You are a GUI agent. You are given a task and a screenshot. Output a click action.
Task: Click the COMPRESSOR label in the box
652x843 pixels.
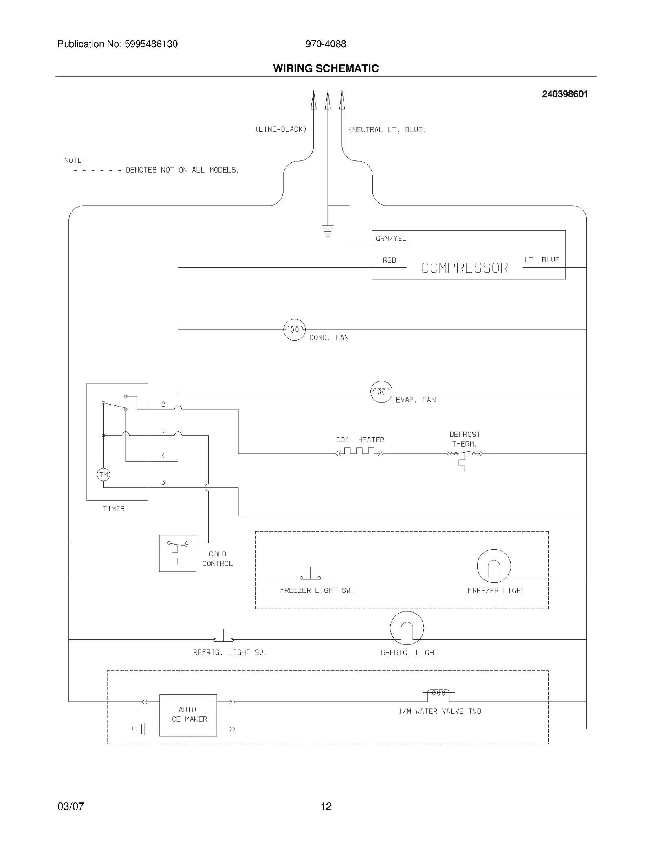464,268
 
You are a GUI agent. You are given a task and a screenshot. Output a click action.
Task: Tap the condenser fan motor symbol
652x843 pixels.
294,330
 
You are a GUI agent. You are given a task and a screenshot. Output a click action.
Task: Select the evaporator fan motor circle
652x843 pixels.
381,392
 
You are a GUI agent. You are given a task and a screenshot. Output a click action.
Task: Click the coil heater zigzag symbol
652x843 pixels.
359,451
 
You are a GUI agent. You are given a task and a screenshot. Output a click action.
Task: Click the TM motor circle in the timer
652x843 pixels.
104,475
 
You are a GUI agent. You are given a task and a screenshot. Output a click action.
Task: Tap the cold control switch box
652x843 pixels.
178,553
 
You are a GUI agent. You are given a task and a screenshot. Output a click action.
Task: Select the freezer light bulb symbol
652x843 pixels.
493,566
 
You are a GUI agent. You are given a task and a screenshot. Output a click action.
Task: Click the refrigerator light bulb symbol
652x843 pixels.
407,628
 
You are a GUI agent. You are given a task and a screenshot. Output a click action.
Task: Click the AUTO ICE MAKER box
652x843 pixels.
188,715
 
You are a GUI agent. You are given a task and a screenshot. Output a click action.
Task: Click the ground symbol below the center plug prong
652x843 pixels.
328,231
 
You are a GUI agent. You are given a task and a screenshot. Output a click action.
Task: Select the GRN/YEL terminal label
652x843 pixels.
391,239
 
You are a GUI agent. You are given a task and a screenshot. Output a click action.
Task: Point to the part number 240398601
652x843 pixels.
564,94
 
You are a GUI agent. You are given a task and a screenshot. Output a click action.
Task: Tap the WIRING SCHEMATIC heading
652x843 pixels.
326,68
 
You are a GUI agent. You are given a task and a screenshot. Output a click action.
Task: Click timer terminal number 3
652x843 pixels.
163,482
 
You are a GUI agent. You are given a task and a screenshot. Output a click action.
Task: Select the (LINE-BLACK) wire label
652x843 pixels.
281,129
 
